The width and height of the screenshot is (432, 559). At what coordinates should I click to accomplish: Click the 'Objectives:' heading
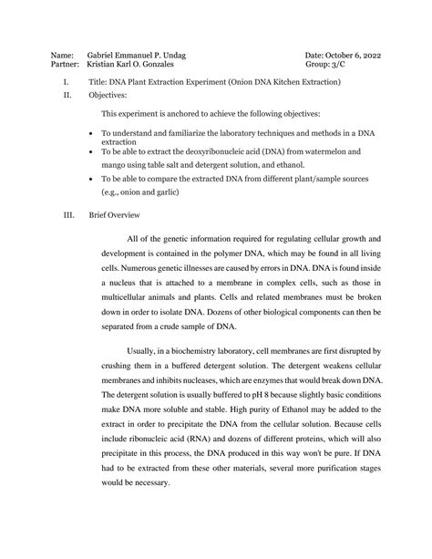tap(108, 95)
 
